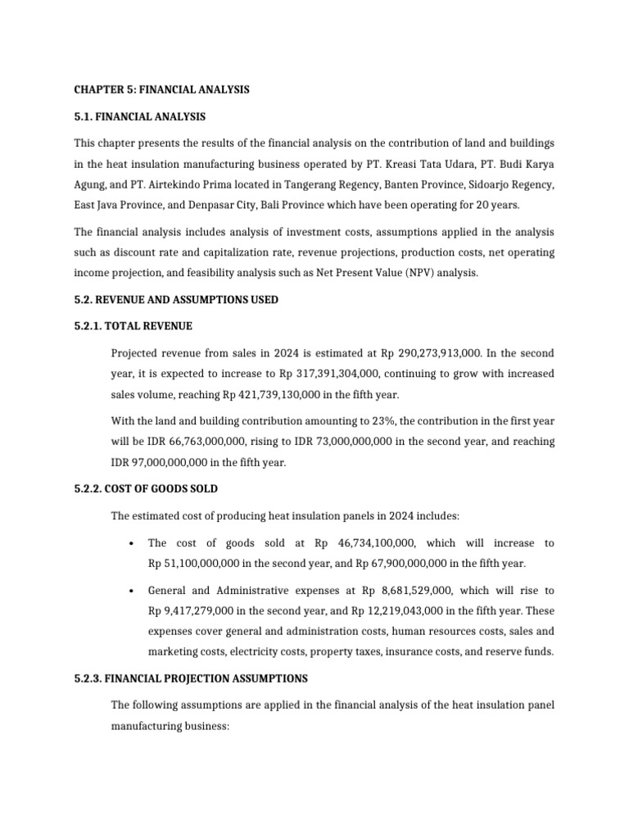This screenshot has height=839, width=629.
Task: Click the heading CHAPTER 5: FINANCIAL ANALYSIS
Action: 161,89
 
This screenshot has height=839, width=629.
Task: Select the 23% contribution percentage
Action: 345,421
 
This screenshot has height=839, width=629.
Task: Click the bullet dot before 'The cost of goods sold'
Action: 131,544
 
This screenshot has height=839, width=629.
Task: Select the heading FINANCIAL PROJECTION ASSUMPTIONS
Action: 212,678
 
